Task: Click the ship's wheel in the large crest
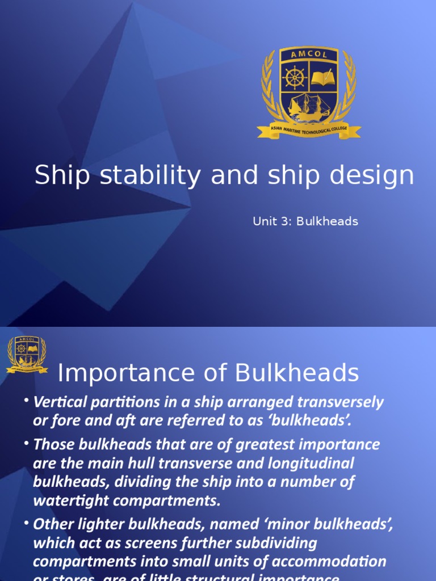tap(295, 78)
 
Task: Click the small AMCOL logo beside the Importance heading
tap(27, 355)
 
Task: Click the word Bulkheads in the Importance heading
tap(297, 373)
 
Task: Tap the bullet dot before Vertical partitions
tap(26, 401)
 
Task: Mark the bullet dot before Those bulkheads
tap(26, 443)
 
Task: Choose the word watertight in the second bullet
tap(69, 501)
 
